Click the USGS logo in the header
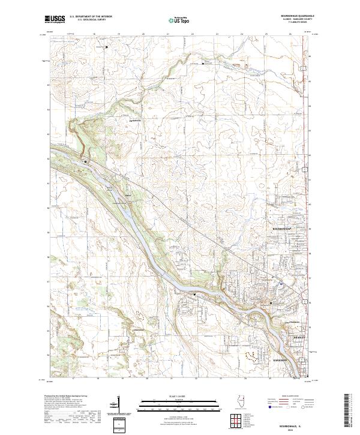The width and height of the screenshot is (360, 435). [55, 19]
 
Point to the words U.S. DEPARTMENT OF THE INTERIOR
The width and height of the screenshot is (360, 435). [90, 17]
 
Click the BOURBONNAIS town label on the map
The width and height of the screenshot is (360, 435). [278, 229]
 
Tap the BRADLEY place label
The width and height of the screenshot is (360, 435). [299, 337]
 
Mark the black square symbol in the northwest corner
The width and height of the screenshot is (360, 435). [106, 47]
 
